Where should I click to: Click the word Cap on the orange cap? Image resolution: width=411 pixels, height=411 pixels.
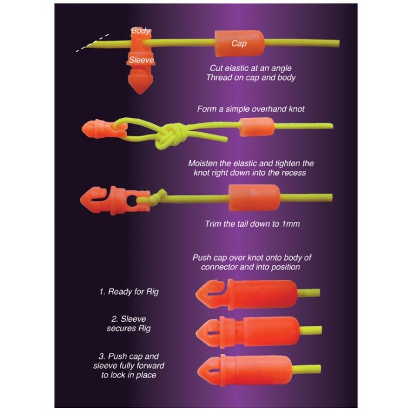coord(239,43)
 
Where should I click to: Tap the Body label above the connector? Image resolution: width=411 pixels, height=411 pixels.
coord(140,31)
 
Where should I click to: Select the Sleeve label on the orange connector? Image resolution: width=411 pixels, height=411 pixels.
coord(142,60)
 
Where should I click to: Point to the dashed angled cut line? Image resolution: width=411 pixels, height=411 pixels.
coord(92,43)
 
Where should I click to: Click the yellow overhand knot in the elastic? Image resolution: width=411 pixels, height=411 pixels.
coord(170,136)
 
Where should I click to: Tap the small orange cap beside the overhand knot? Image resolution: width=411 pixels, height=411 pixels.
coord(257,127)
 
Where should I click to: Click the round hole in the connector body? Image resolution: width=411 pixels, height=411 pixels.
coord(131,201)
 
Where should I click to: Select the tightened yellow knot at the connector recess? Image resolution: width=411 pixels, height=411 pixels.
coord(158,197)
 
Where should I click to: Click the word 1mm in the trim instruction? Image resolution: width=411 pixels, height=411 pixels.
coord(291,224)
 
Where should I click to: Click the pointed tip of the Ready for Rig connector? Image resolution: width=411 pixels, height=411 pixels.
coord(197,293)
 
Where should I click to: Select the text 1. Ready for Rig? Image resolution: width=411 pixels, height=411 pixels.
coord(129,292)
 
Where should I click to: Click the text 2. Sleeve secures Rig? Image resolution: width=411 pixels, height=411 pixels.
coord(129,324)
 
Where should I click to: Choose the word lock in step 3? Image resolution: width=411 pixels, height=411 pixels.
coord(119,375)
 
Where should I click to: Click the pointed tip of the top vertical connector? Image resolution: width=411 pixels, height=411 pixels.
coord(141,93)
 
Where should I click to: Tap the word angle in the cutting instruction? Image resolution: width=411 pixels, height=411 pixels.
coord(281,69)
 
